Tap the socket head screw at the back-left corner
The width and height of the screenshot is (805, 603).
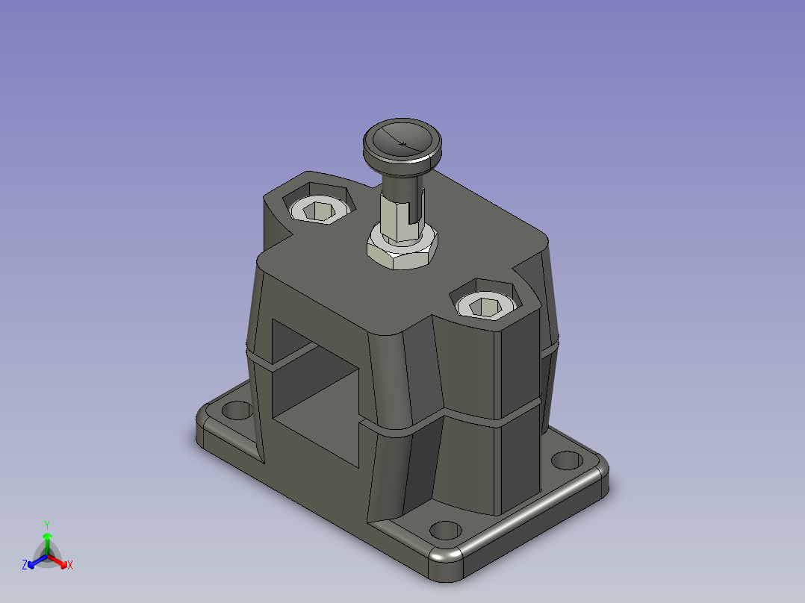tap(320, 210)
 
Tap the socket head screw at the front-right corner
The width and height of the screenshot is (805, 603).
tap(485, 307)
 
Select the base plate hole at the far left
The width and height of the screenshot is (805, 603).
tap(237, 410)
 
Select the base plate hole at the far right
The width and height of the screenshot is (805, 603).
tap(567, 460)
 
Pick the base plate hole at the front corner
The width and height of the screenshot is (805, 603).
tap(445, 530)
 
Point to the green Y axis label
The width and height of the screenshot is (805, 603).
tap(47, 525)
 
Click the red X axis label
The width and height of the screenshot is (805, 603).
tap(70, 565)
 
